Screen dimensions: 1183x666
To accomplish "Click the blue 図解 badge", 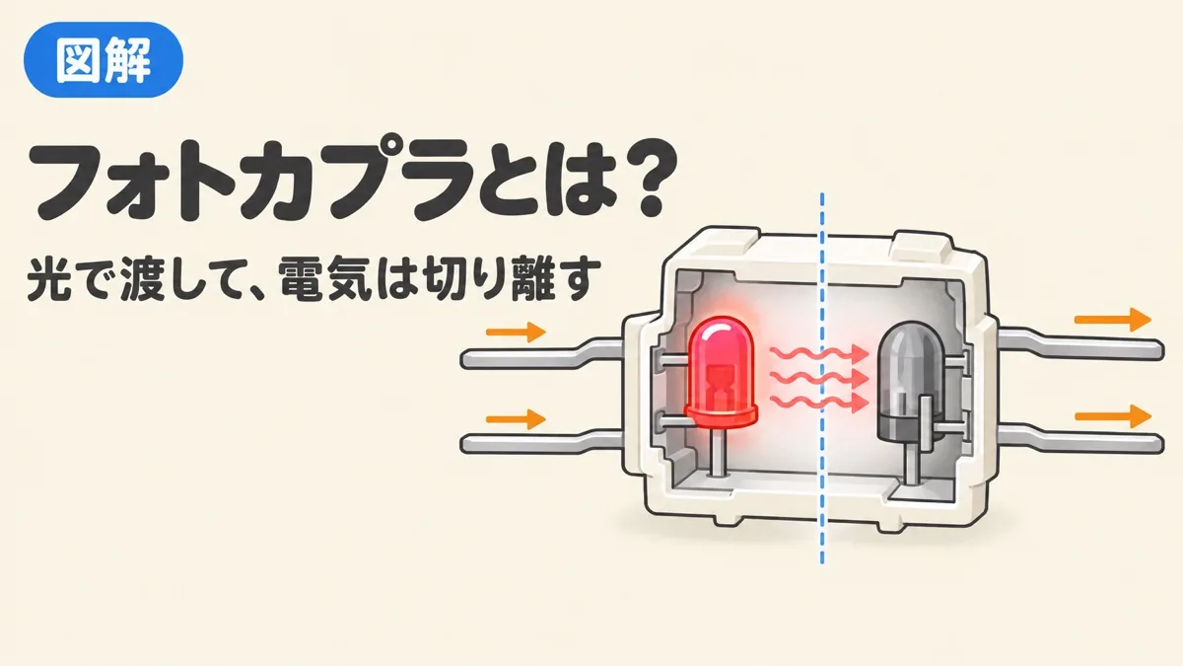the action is pyautogui.click(x=104, y=60).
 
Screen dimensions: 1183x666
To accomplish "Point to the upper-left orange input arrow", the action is pyautogui.click(x=516, y=332).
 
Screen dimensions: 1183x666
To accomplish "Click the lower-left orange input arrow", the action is pyautogui.click(x=516, y=419).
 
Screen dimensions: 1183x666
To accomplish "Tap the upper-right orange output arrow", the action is pyautogui.click(x=1112, y=320).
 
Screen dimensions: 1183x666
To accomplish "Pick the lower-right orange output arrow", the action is pyautogui.click(x=1112, y=416).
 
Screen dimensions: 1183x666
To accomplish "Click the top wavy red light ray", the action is pyautogui.click(x=819, y=354).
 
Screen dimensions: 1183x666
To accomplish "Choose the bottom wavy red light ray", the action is pyautogui.click(x=819, y=403).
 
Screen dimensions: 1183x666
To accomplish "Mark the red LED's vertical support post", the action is pyautogui.click(x=718, y=453).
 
